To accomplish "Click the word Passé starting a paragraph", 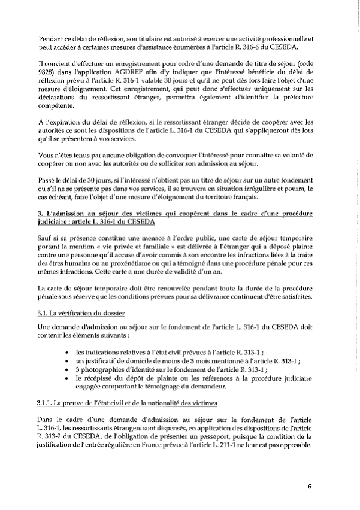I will click(x=48, y=195).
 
